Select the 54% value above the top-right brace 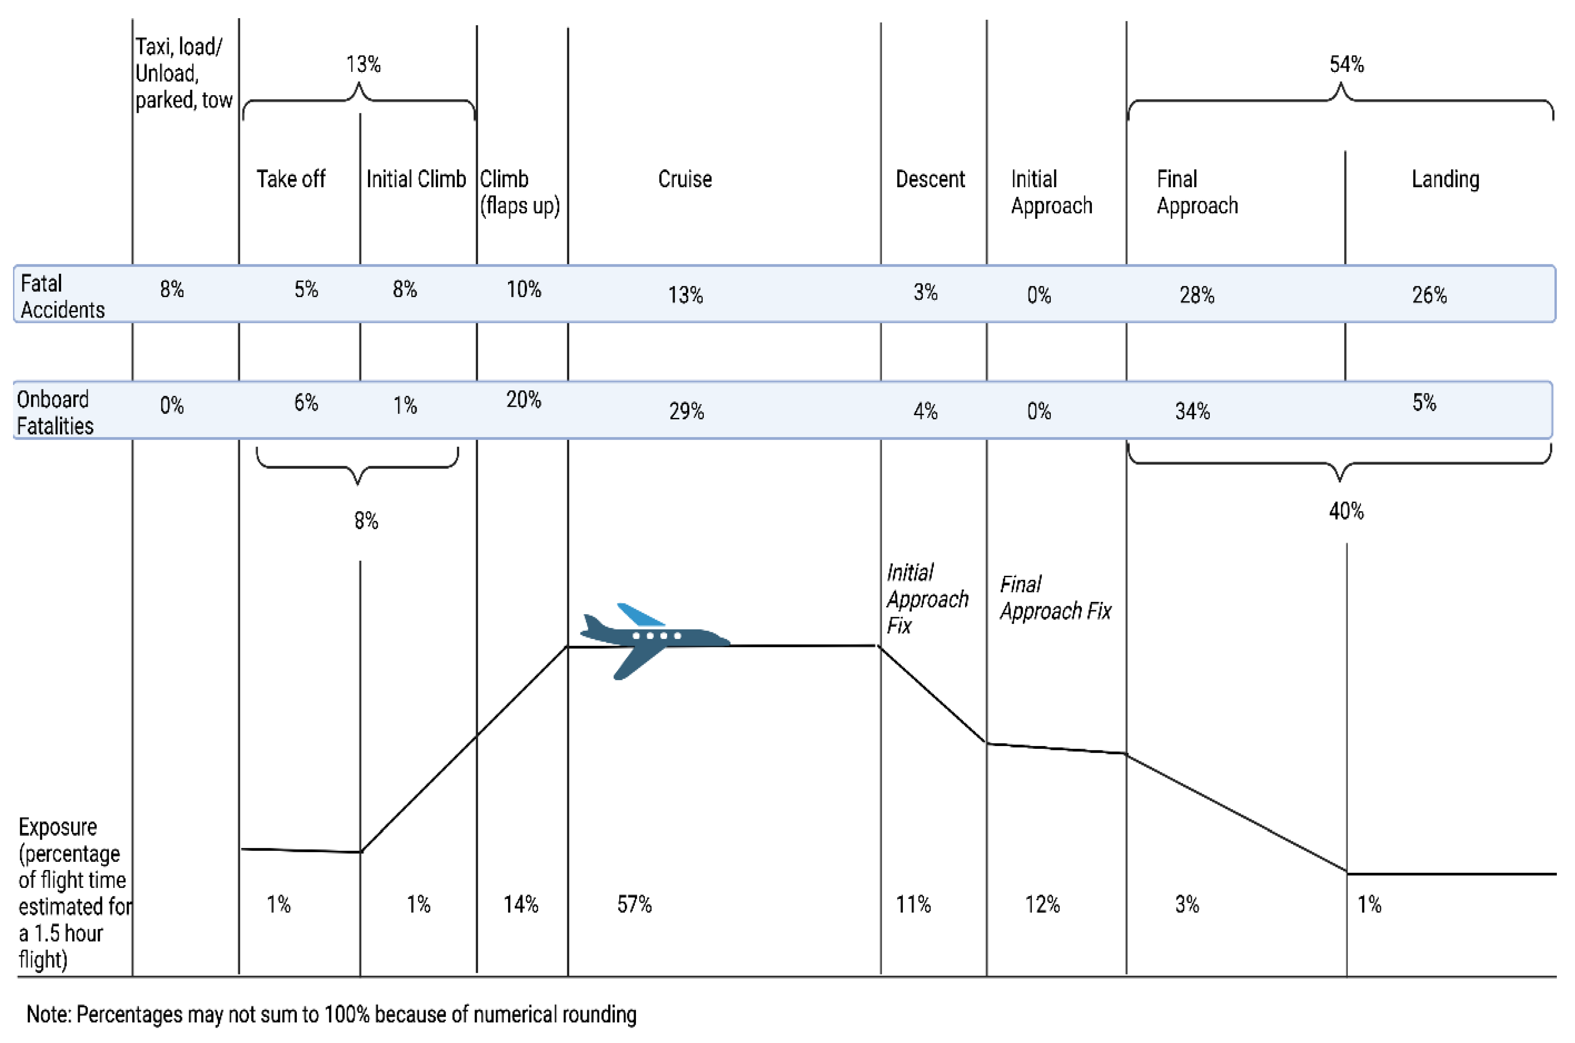point(1346,64)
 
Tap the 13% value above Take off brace point(363,64)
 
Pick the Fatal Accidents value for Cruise point(685,295)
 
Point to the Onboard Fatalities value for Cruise point(686,411)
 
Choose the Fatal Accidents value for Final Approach point(1197,295)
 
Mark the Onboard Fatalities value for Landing point(1424,402)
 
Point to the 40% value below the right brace point(1346,511)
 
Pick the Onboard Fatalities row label point(54,412)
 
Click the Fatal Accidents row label point(62,296)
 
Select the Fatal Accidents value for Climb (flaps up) point(524,289)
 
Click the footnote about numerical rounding point(331,1015)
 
